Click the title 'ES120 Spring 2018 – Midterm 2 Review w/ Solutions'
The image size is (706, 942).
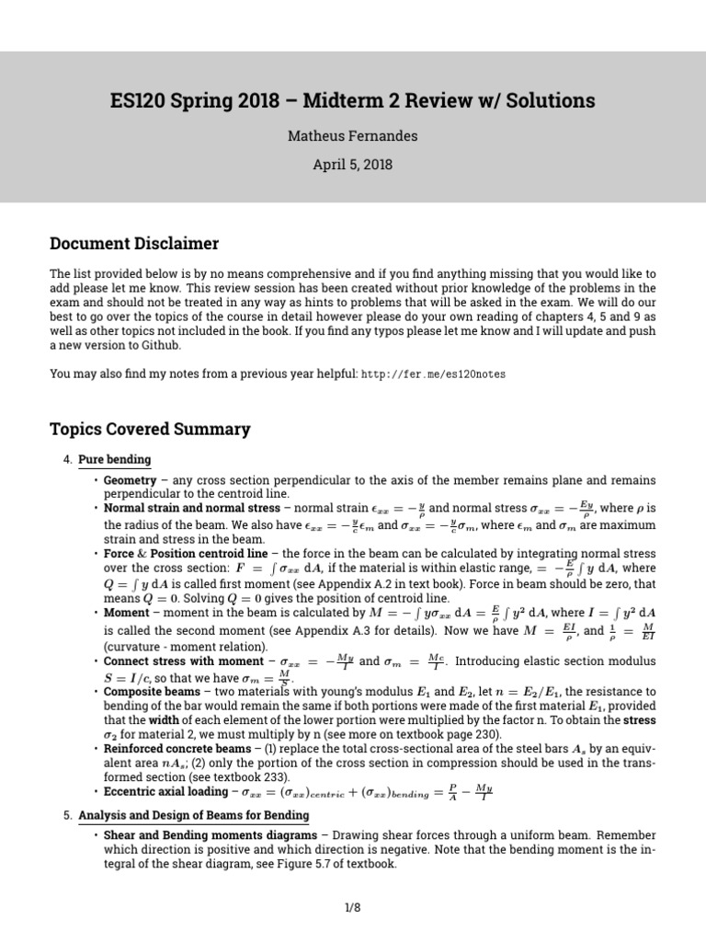352,100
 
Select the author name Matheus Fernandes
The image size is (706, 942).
352,136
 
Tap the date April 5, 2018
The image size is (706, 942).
352,165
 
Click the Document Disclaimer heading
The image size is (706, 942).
134,244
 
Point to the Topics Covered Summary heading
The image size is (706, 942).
149,429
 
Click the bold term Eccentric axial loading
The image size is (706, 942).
165,791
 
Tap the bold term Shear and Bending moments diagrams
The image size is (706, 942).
210,835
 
